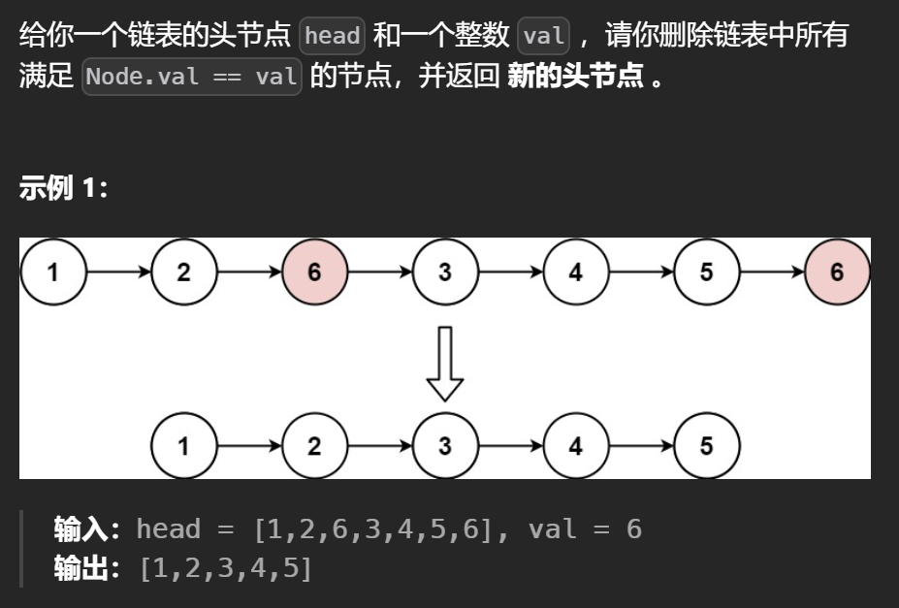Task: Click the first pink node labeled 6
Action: coord(314,272)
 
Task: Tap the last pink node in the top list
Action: coord(837,272)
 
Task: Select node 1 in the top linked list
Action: coord(53,272)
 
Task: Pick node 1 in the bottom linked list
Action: coord(184,446)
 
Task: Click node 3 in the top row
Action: coord(445,272)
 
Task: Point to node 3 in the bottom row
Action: coord(445,446)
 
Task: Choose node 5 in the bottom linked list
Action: coord(706,446)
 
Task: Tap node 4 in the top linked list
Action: coord(576,272)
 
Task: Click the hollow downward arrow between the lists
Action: coord(445,363)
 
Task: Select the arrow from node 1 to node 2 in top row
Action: coord(118,272)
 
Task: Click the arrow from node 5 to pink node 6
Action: coord(772,272)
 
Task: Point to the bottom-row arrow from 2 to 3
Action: coord(379,446)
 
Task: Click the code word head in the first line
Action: coord(332,37)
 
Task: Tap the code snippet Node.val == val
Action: coord(192,77)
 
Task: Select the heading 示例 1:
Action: coord(63,187)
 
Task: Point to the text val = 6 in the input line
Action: coord(585,529)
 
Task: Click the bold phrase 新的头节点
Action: coord(575,77)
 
